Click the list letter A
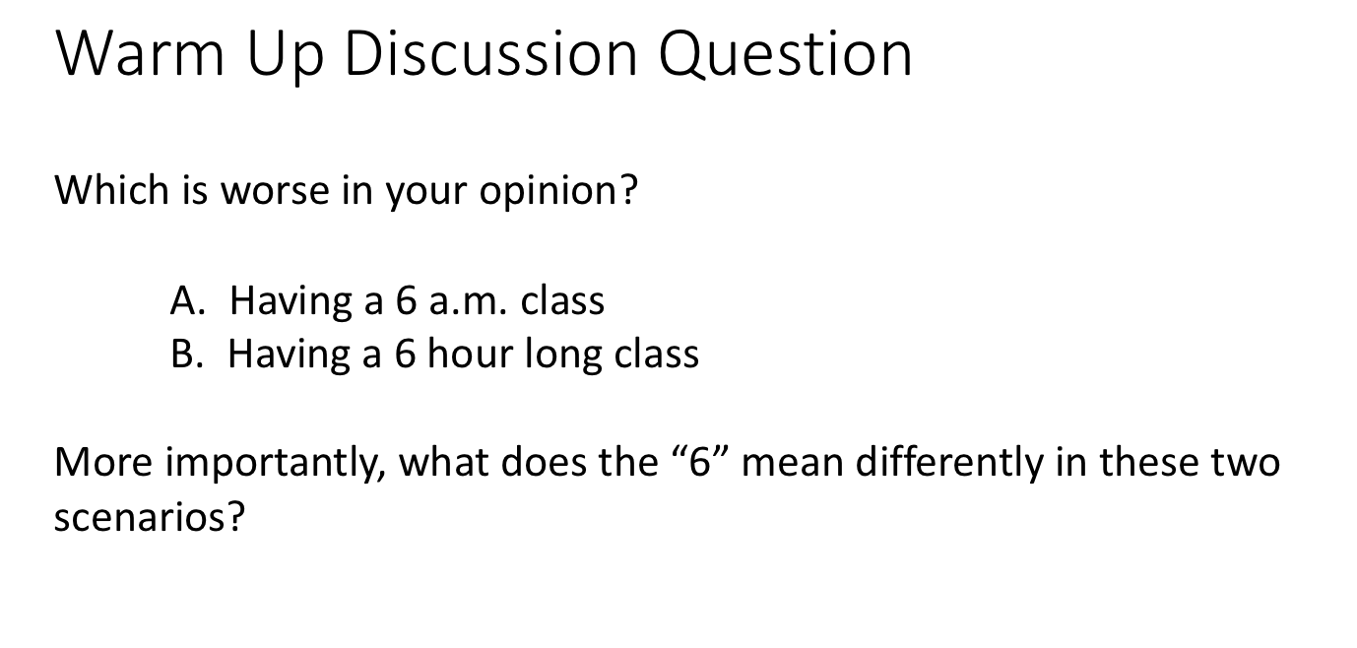click(x=186, y=300)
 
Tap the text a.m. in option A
click(x=466, y=300)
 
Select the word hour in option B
click(x=471, y=354)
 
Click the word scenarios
click(x=149, y=518)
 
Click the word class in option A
click(x=562, y=300)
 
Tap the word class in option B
click(x=657, y=354)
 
